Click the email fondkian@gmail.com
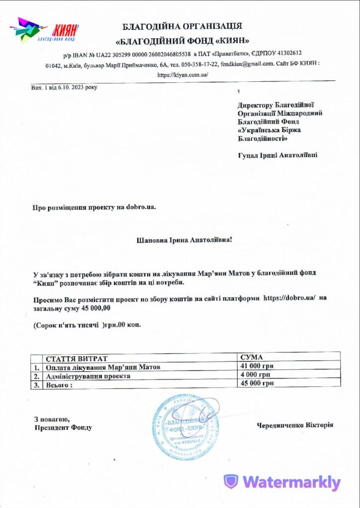tap(247, 64)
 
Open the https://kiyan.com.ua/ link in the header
tap(183, 75)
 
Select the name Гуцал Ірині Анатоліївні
tap(278, 155)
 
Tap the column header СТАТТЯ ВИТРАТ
tap(76, 358)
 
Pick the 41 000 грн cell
tap(257, 366)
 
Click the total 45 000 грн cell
tap(257, 383)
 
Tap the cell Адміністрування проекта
tap(88, 376)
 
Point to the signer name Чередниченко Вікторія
tap(295, 425)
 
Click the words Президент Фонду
tap(63, 428)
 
